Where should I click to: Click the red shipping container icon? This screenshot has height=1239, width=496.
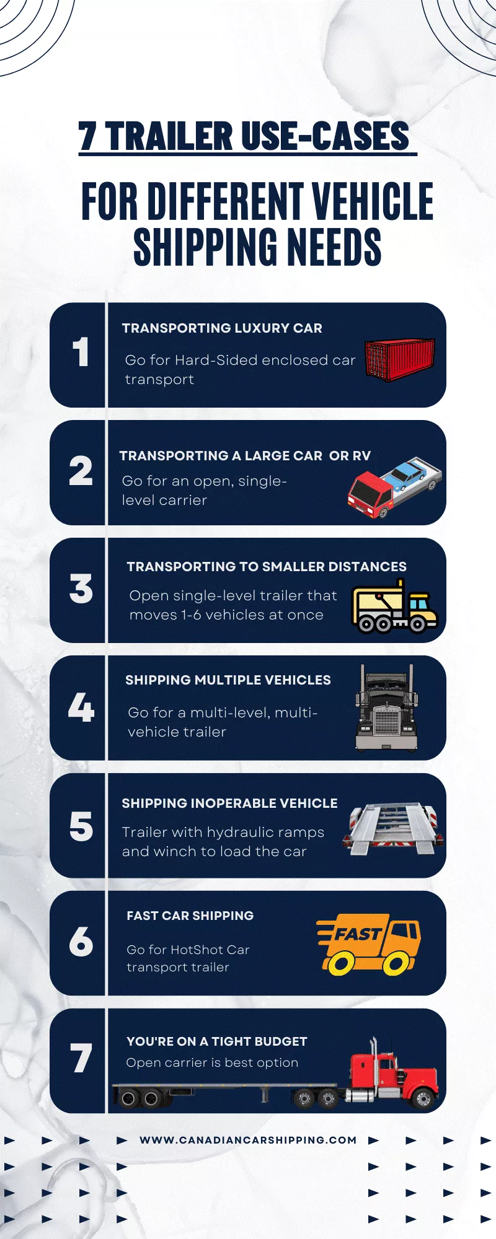[x=399, y=359]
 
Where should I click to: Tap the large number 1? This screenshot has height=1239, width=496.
[x=81, y=352]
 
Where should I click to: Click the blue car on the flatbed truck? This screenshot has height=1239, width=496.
[x=407, y=474]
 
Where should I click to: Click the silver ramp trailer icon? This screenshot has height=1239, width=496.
[x=393, y=830]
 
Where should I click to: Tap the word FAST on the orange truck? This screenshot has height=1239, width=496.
[x=358, y=933]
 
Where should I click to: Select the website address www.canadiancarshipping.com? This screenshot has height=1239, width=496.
[x=248, y=1140]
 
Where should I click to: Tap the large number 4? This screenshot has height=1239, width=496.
[x=81, y=707]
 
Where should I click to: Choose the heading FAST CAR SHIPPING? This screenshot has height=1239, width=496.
[x=190, y=916]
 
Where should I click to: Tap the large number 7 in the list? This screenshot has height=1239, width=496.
[x=81, y=1058]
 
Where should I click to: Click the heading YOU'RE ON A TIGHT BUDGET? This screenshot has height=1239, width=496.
[x=216, y=1041]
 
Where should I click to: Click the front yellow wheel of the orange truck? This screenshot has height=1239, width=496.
[x=396, y=962]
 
